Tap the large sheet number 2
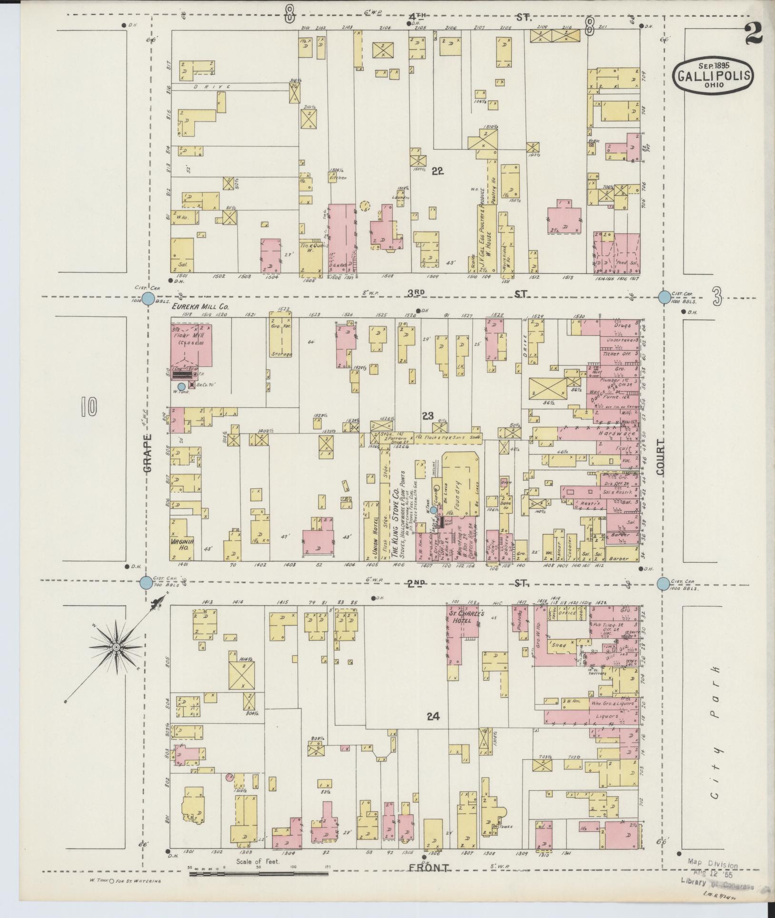[753, 33]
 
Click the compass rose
[116, 647]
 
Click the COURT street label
[660, 456]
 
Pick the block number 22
[437, 172]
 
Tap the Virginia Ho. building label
[182, 545]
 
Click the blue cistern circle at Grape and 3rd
[148, 299]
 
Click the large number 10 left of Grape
[89, 406]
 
